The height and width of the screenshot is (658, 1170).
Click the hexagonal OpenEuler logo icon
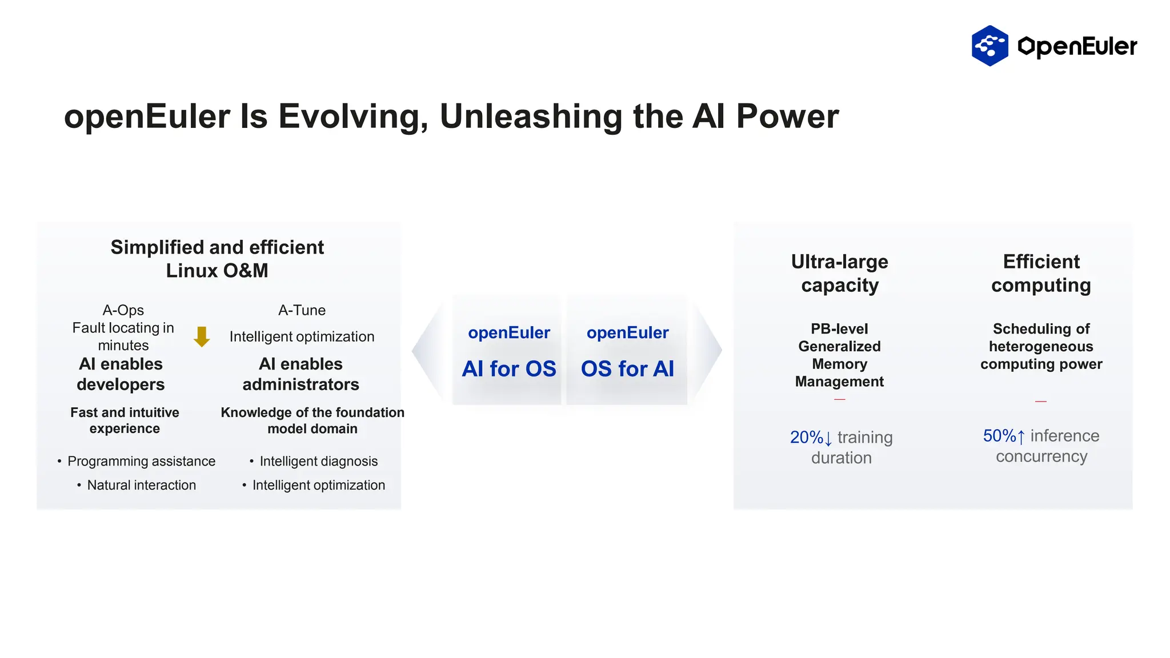coord(989,46)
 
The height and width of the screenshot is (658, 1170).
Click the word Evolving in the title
coord(352,117)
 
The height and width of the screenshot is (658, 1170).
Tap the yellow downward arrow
coord(202,336)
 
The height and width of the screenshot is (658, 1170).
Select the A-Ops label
coord(123,310)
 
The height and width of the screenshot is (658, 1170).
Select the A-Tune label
coord(302,310)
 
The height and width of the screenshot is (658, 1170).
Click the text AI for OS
coord(508,369)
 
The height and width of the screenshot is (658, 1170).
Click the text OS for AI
coord(627,369)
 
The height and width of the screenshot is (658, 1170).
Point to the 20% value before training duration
coord(806,438)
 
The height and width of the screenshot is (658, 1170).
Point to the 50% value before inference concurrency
coord(999,436)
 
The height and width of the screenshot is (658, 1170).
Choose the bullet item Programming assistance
coord(141,461)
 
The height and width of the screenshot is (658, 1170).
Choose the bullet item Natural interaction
coord(141,485)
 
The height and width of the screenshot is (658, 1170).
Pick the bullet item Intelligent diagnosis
coord(318,461)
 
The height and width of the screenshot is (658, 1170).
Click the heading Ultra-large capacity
coord(839,274)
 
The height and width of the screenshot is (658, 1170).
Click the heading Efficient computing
coord(1041,274)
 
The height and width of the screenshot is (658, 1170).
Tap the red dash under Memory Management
coord(839,399)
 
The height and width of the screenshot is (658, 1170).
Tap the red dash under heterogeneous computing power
coord(1041,402)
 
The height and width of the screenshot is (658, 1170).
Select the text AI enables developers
coord(121,374)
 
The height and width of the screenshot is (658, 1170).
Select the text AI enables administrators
coord(300,374)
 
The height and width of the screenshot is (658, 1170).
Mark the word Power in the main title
coord(787,117)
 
